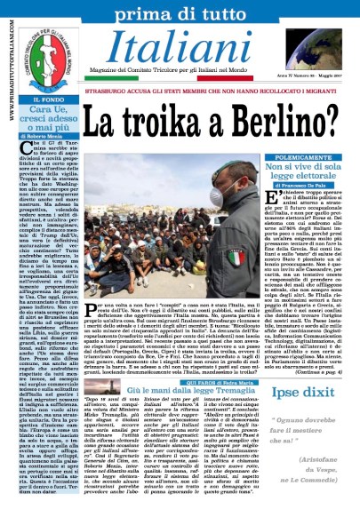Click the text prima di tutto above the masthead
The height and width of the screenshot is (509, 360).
pos(181,12)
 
